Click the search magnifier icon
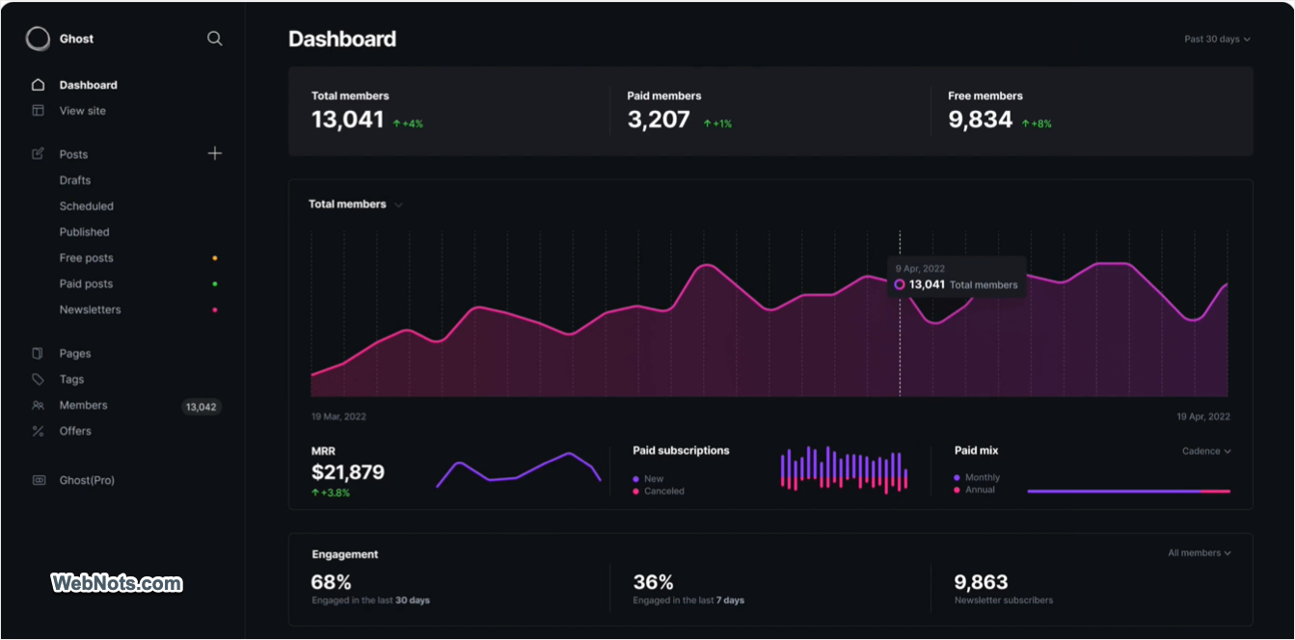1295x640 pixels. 214,39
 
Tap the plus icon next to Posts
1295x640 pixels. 214,153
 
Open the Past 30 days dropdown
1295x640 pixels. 1217,40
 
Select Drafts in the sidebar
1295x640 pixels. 75,180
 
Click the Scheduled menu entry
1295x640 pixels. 87,206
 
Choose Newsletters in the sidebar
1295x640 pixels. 91,310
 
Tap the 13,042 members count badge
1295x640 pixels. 202,407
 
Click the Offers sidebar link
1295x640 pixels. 75,431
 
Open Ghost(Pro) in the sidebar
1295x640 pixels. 88,480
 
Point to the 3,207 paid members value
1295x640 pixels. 659,120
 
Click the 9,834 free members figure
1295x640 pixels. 980,120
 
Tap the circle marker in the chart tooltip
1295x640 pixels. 900,284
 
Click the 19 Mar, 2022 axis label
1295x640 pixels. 338,416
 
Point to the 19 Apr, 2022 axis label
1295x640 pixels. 1203,416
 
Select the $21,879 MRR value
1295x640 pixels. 348,472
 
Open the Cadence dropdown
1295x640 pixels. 1206,451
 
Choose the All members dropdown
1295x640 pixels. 1199,553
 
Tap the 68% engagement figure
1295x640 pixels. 332,582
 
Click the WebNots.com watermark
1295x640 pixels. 117,583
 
